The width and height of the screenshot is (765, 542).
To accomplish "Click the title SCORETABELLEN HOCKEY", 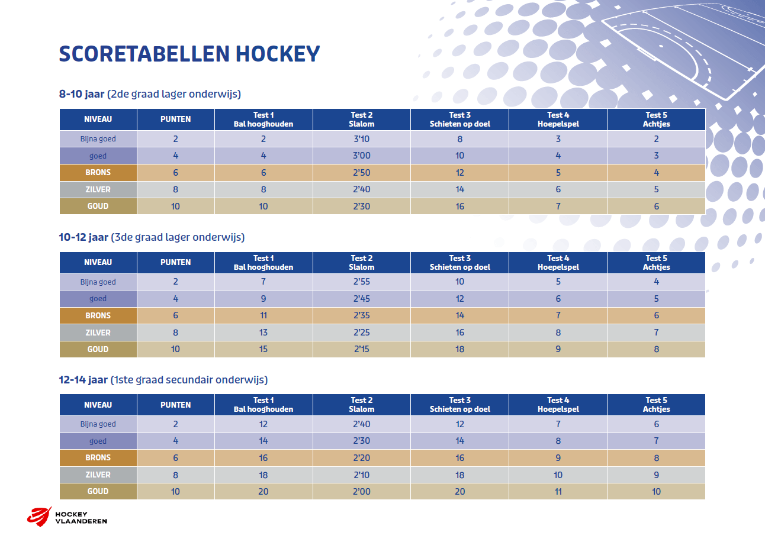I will pos(189,54).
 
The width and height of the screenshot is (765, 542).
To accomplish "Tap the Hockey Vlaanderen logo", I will pos(67,517).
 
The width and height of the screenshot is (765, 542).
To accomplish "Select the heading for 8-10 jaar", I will pos(149,94).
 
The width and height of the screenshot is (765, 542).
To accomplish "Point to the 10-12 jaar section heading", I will pos(152,237).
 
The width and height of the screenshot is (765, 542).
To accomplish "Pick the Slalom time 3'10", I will pos(362,139).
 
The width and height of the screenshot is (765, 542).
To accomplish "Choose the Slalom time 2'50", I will pos(362,173).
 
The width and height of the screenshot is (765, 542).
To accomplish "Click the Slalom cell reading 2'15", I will pos(362,349).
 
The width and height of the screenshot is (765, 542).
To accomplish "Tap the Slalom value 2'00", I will pos(362,492).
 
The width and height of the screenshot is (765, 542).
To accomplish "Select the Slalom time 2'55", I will pos(362,282).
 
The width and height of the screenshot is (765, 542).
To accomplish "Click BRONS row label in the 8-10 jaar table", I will pos(98,173).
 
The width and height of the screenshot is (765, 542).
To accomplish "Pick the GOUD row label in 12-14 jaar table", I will pos(98,492).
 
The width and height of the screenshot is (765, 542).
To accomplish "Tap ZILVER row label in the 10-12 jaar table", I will pos(98,333).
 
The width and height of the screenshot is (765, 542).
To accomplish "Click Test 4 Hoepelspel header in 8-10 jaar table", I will pos(558,120).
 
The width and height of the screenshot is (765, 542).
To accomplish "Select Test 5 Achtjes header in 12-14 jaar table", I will pos(656,405).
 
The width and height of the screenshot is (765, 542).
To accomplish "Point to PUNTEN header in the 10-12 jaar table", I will pos(176,262).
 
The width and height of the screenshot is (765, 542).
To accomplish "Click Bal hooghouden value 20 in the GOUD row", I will pos(263,492).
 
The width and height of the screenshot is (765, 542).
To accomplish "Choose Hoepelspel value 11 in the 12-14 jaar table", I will pos(558,492).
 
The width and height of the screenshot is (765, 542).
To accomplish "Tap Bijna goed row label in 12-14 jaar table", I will pos(98,424).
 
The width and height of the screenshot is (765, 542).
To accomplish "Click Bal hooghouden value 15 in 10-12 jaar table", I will pos(263,349).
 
